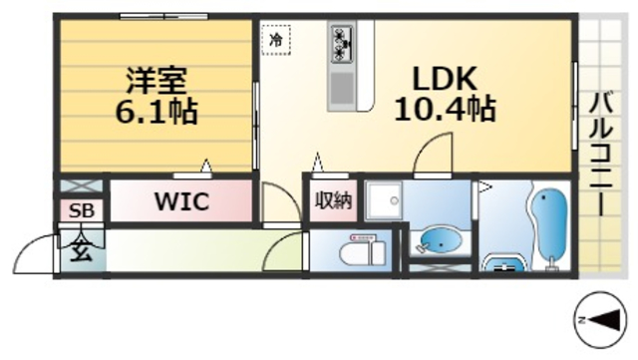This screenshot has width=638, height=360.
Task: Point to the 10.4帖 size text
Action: pyautogui.click(x=445, y=110)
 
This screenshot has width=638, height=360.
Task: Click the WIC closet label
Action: pyautogui.click(x=180, y=202)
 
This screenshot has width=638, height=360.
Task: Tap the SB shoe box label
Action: pyautogui.click(x=80, y=211)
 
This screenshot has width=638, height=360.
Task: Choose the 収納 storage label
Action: pyautogui.click(x=333, y=201)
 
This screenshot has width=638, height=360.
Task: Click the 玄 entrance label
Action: pyautogui.click(x=80, y=249)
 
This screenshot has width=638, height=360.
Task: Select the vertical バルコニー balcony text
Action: pyautogui.click(x=601, y=150)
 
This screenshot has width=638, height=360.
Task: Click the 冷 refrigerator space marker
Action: pyautogui.click(x=276, y=40)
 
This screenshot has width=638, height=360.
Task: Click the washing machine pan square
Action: pyautogui.click(x=381, y=204)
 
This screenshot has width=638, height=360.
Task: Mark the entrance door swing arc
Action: pyautogui.click(x=36, y=254)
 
